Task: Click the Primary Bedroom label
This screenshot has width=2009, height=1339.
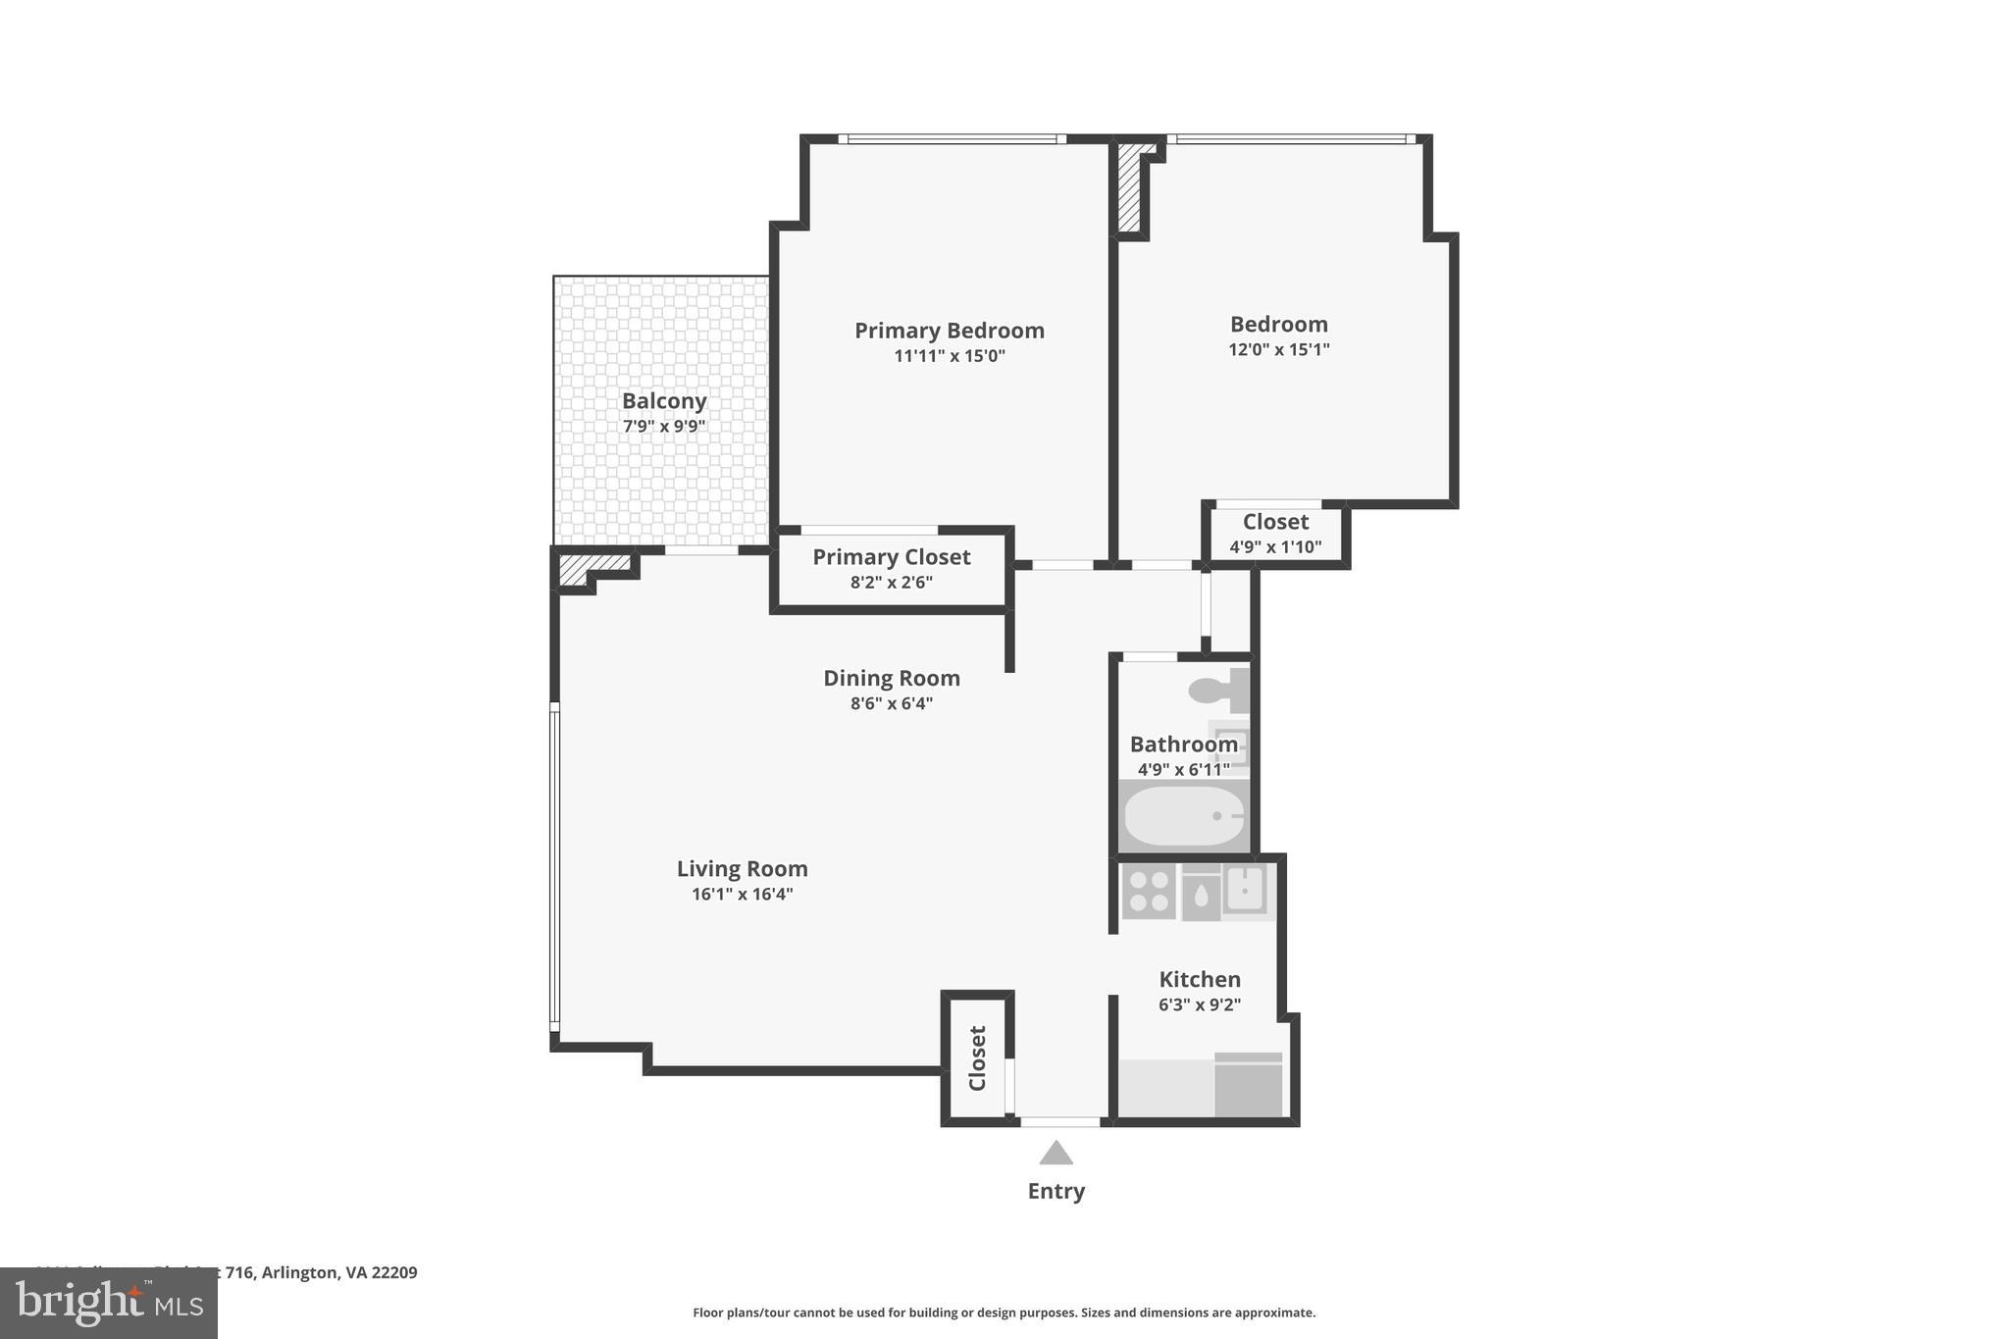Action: tap(949, 331)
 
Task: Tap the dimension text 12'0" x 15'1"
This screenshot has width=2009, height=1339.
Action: tap(1278, 349)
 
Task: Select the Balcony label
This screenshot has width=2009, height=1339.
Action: tap(664, 401)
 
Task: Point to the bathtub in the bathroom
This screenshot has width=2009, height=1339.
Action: tap(1184, 816)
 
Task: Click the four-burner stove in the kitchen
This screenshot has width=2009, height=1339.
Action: tap(1149, 892)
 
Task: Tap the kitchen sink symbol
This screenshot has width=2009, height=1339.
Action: tap(1245, 891)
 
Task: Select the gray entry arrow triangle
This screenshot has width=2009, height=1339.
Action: tap(1056, 1154)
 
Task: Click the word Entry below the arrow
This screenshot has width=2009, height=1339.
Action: tap(1056, 1191)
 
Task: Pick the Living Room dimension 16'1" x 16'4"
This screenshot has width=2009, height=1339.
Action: tap(742, 894)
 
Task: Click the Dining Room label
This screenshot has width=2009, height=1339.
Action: tap(891, 678)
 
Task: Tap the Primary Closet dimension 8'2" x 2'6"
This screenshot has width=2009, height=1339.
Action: tap(891, 582)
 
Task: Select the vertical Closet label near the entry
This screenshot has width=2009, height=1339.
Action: tap(977, 1057)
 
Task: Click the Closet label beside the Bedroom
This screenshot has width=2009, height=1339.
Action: tap(1275, 522)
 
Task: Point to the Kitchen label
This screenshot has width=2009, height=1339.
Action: tap(1200, 979)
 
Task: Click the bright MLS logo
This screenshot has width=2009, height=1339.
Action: tap(108, 1303)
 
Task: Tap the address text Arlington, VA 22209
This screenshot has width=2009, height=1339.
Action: tap(339, 1272)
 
